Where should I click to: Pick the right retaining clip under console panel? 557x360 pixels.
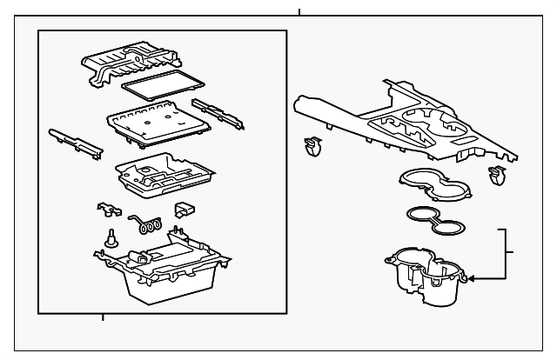(499, 175)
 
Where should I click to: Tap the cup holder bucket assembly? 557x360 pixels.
(428, 277)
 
